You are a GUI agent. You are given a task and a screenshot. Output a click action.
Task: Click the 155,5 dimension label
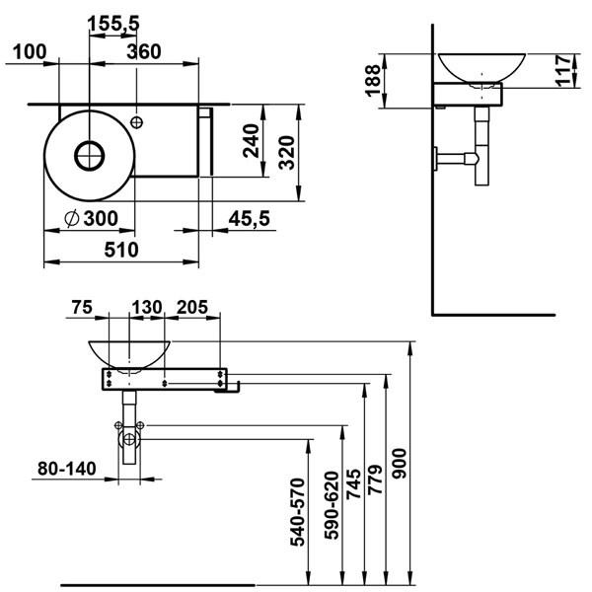[113, 24]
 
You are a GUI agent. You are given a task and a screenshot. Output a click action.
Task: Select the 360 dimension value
[144, 51]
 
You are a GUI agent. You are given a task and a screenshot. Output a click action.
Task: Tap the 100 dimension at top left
[30, 51]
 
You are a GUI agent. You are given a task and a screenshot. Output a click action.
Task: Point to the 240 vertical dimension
[251, 140]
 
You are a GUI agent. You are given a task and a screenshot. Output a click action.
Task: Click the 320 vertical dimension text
[286, 153]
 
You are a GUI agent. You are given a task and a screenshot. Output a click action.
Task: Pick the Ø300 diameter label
[91, 218]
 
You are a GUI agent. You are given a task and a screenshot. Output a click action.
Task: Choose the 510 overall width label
[121, 250]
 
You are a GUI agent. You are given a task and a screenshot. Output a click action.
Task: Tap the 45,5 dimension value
[250, 219]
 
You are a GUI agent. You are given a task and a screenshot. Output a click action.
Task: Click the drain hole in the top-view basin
[90, 156]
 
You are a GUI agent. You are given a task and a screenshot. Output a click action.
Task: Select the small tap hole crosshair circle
[136, 122]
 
